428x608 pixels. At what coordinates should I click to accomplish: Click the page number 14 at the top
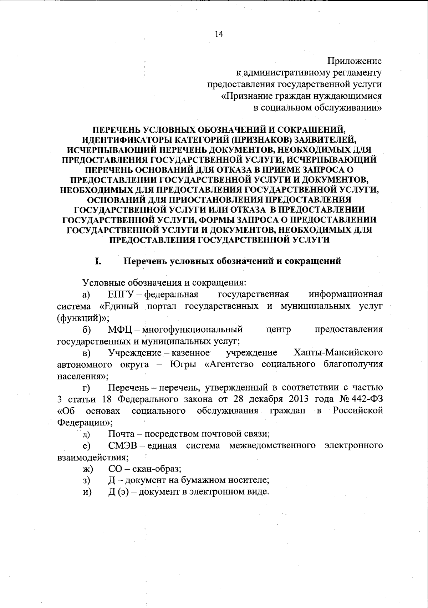(x=219, y=34)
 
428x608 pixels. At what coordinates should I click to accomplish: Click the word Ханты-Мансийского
(x=338, y=353)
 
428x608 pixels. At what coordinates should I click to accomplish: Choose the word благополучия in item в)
(x=353, y=364)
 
